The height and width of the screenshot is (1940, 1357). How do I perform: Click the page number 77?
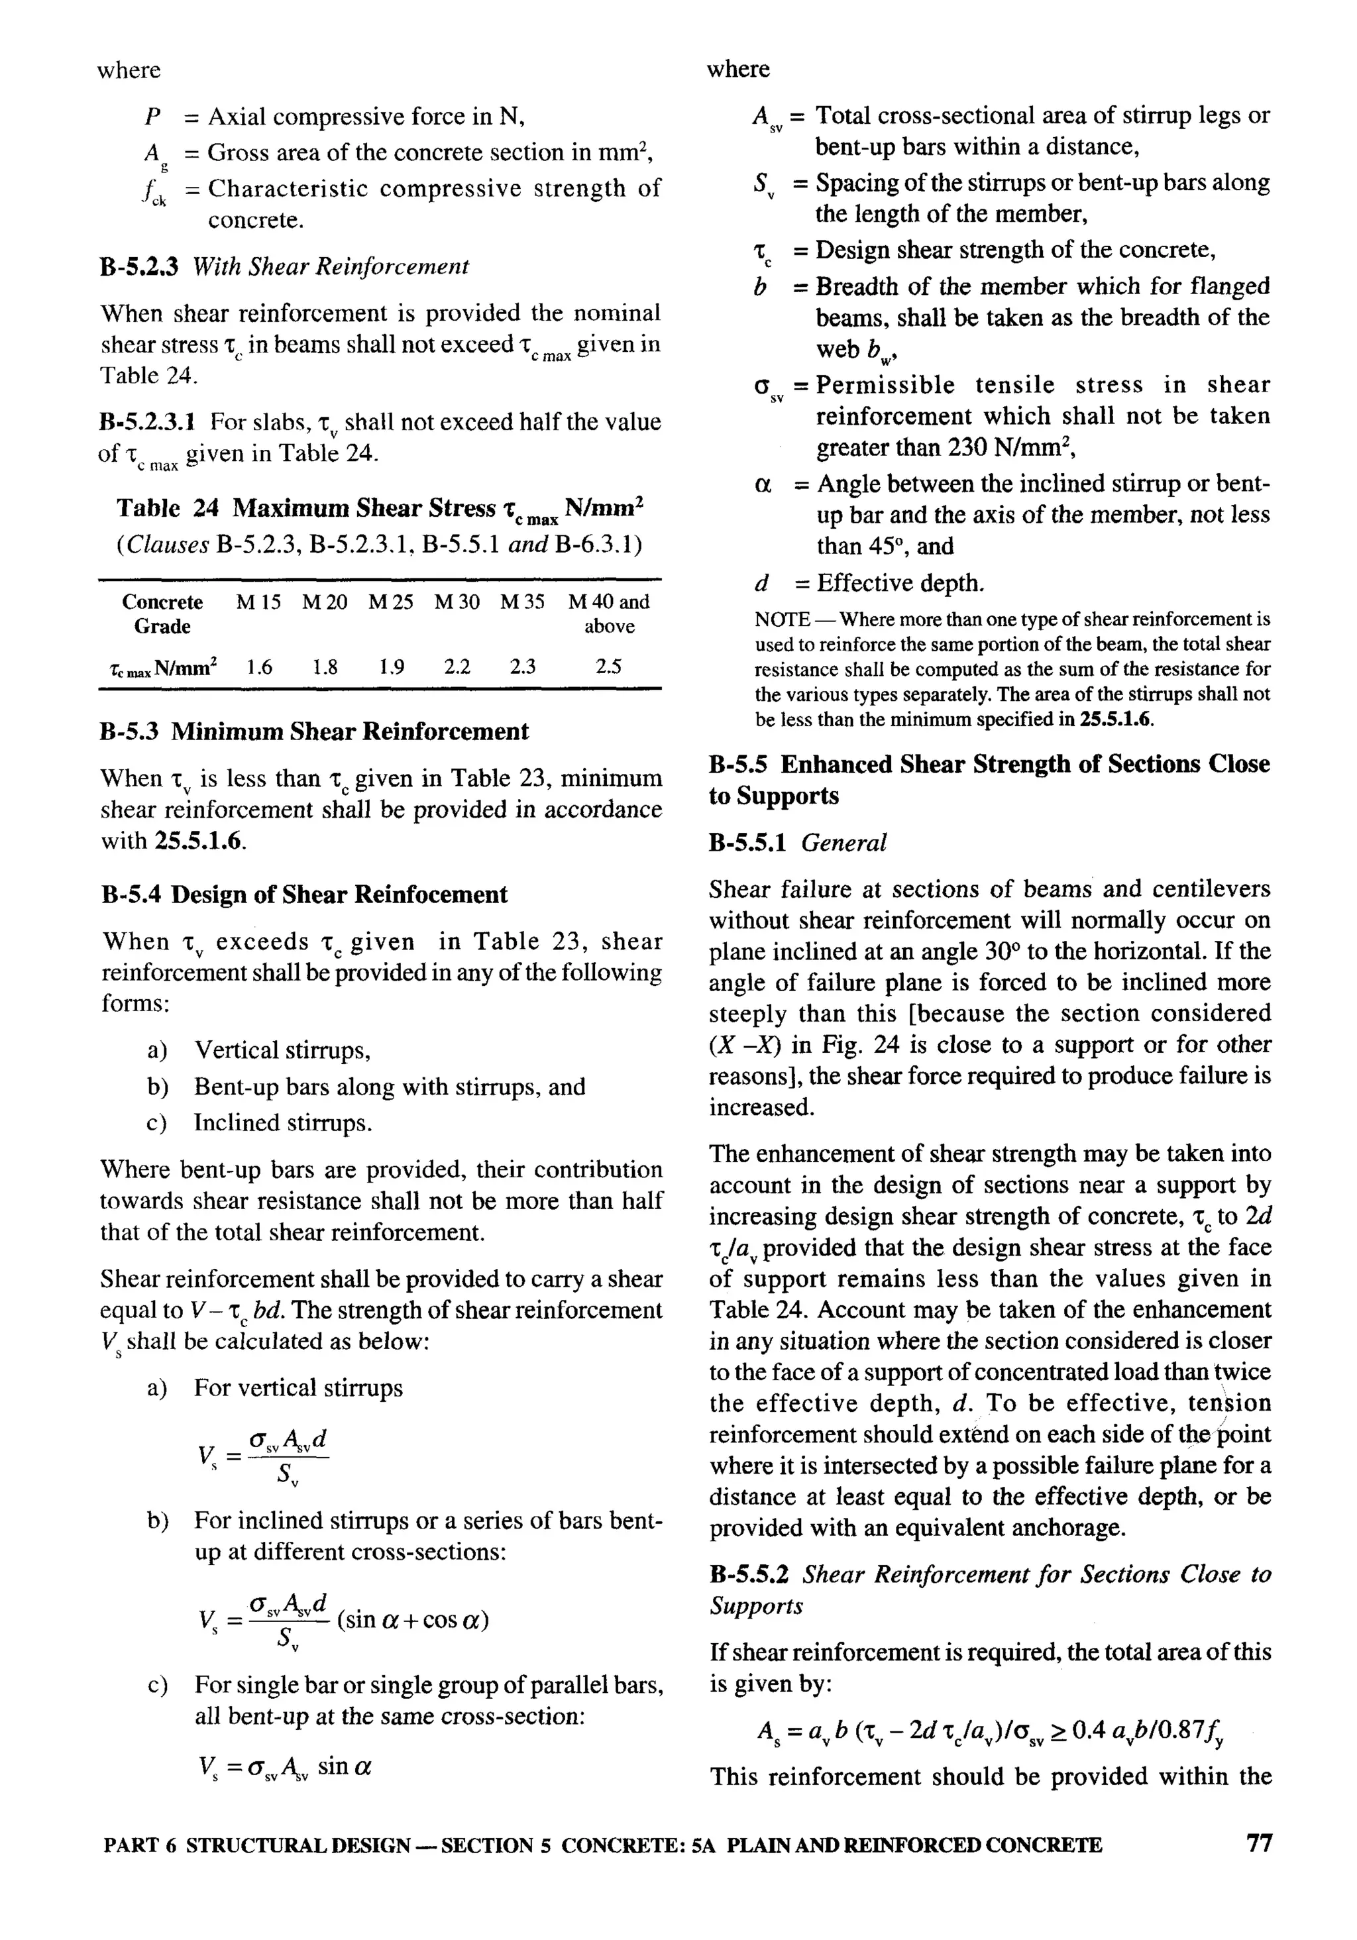(1258, 1866)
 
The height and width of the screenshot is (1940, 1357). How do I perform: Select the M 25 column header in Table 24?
(391, 602)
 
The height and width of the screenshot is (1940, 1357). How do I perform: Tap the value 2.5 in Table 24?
(608, 667)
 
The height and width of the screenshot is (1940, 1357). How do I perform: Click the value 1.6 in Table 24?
(259, 667)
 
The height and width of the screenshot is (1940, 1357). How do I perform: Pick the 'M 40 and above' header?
(608, 614)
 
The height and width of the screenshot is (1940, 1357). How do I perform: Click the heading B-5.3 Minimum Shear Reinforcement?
(314, 731)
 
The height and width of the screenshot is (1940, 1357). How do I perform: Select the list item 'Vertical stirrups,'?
(282, 1050)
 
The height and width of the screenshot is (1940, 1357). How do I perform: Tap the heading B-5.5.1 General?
(798, 842)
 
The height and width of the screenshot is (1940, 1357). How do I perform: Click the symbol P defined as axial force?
(153, 117)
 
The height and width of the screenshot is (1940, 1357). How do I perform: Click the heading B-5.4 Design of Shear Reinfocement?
(304, 895)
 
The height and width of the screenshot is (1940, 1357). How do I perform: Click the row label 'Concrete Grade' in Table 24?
(162, 614)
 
